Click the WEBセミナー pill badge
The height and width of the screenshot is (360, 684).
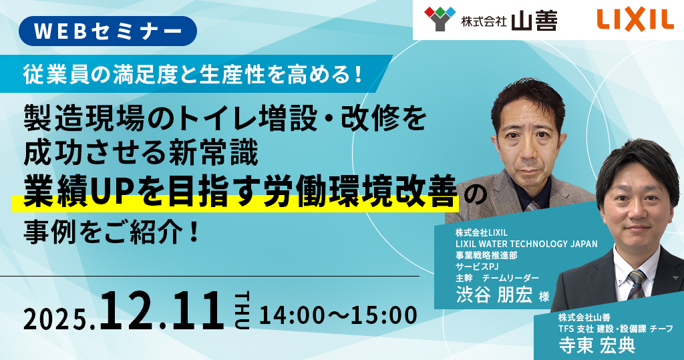[108, 31]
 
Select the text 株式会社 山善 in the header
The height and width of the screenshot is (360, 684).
[509, 21]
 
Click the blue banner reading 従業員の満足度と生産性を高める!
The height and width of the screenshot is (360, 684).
[194, 73]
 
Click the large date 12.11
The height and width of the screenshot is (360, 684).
[162, 311]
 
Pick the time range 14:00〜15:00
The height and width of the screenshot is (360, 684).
[338, 315]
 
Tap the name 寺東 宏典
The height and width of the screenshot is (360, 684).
[596, 345]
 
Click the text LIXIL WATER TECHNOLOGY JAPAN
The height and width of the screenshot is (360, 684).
[526, 244]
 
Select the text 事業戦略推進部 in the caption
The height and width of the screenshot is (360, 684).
[486, 255]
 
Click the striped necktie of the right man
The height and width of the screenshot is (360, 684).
[636, 284]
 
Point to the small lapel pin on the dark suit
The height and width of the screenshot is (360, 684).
[675, 278]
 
